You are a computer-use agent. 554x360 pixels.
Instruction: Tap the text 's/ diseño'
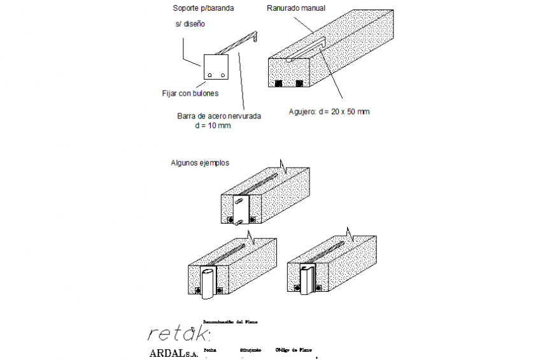point(190,24)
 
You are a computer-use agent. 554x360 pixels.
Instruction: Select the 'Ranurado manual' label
point(295,9)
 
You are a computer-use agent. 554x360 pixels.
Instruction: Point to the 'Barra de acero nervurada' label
point(219,116)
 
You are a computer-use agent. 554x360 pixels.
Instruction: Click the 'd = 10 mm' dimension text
point(213,126)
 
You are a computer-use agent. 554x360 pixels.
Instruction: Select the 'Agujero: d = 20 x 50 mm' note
point(329,112)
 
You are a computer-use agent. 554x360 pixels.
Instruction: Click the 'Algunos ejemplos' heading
point(200,162)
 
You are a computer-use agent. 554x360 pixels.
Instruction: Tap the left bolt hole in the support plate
point(210,75)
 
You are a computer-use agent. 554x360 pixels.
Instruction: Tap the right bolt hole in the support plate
point(223,75)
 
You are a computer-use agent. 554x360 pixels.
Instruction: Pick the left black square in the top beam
point(279,83)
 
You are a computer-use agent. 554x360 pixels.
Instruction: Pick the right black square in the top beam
point(299,83)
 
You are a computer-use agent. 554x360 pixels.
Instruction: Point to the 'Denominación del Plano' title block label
point(230,322)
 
